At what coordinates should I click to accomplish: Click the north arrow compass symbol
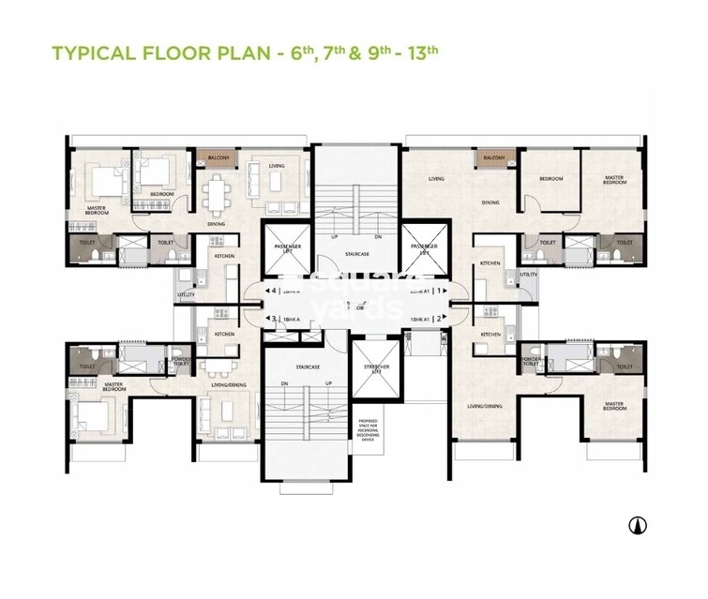[638, 526]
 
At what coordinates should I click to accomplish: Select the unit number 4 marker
[271, 292]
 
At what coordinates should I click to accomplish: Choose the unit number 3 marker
[271, 319]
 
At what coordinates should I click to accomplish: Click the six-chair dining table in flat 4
[217, 195]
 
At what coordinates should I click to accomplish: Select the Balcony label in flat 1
[493, 158]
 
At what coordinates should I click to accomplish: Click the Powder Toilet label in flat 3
[179, 360]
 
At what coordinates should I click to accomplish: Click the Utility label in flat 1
[530, 275]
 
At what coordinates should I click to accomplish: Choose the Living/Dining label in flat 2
[486, 406]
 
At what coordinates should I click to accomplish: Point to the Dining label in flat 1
[490, 202]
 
